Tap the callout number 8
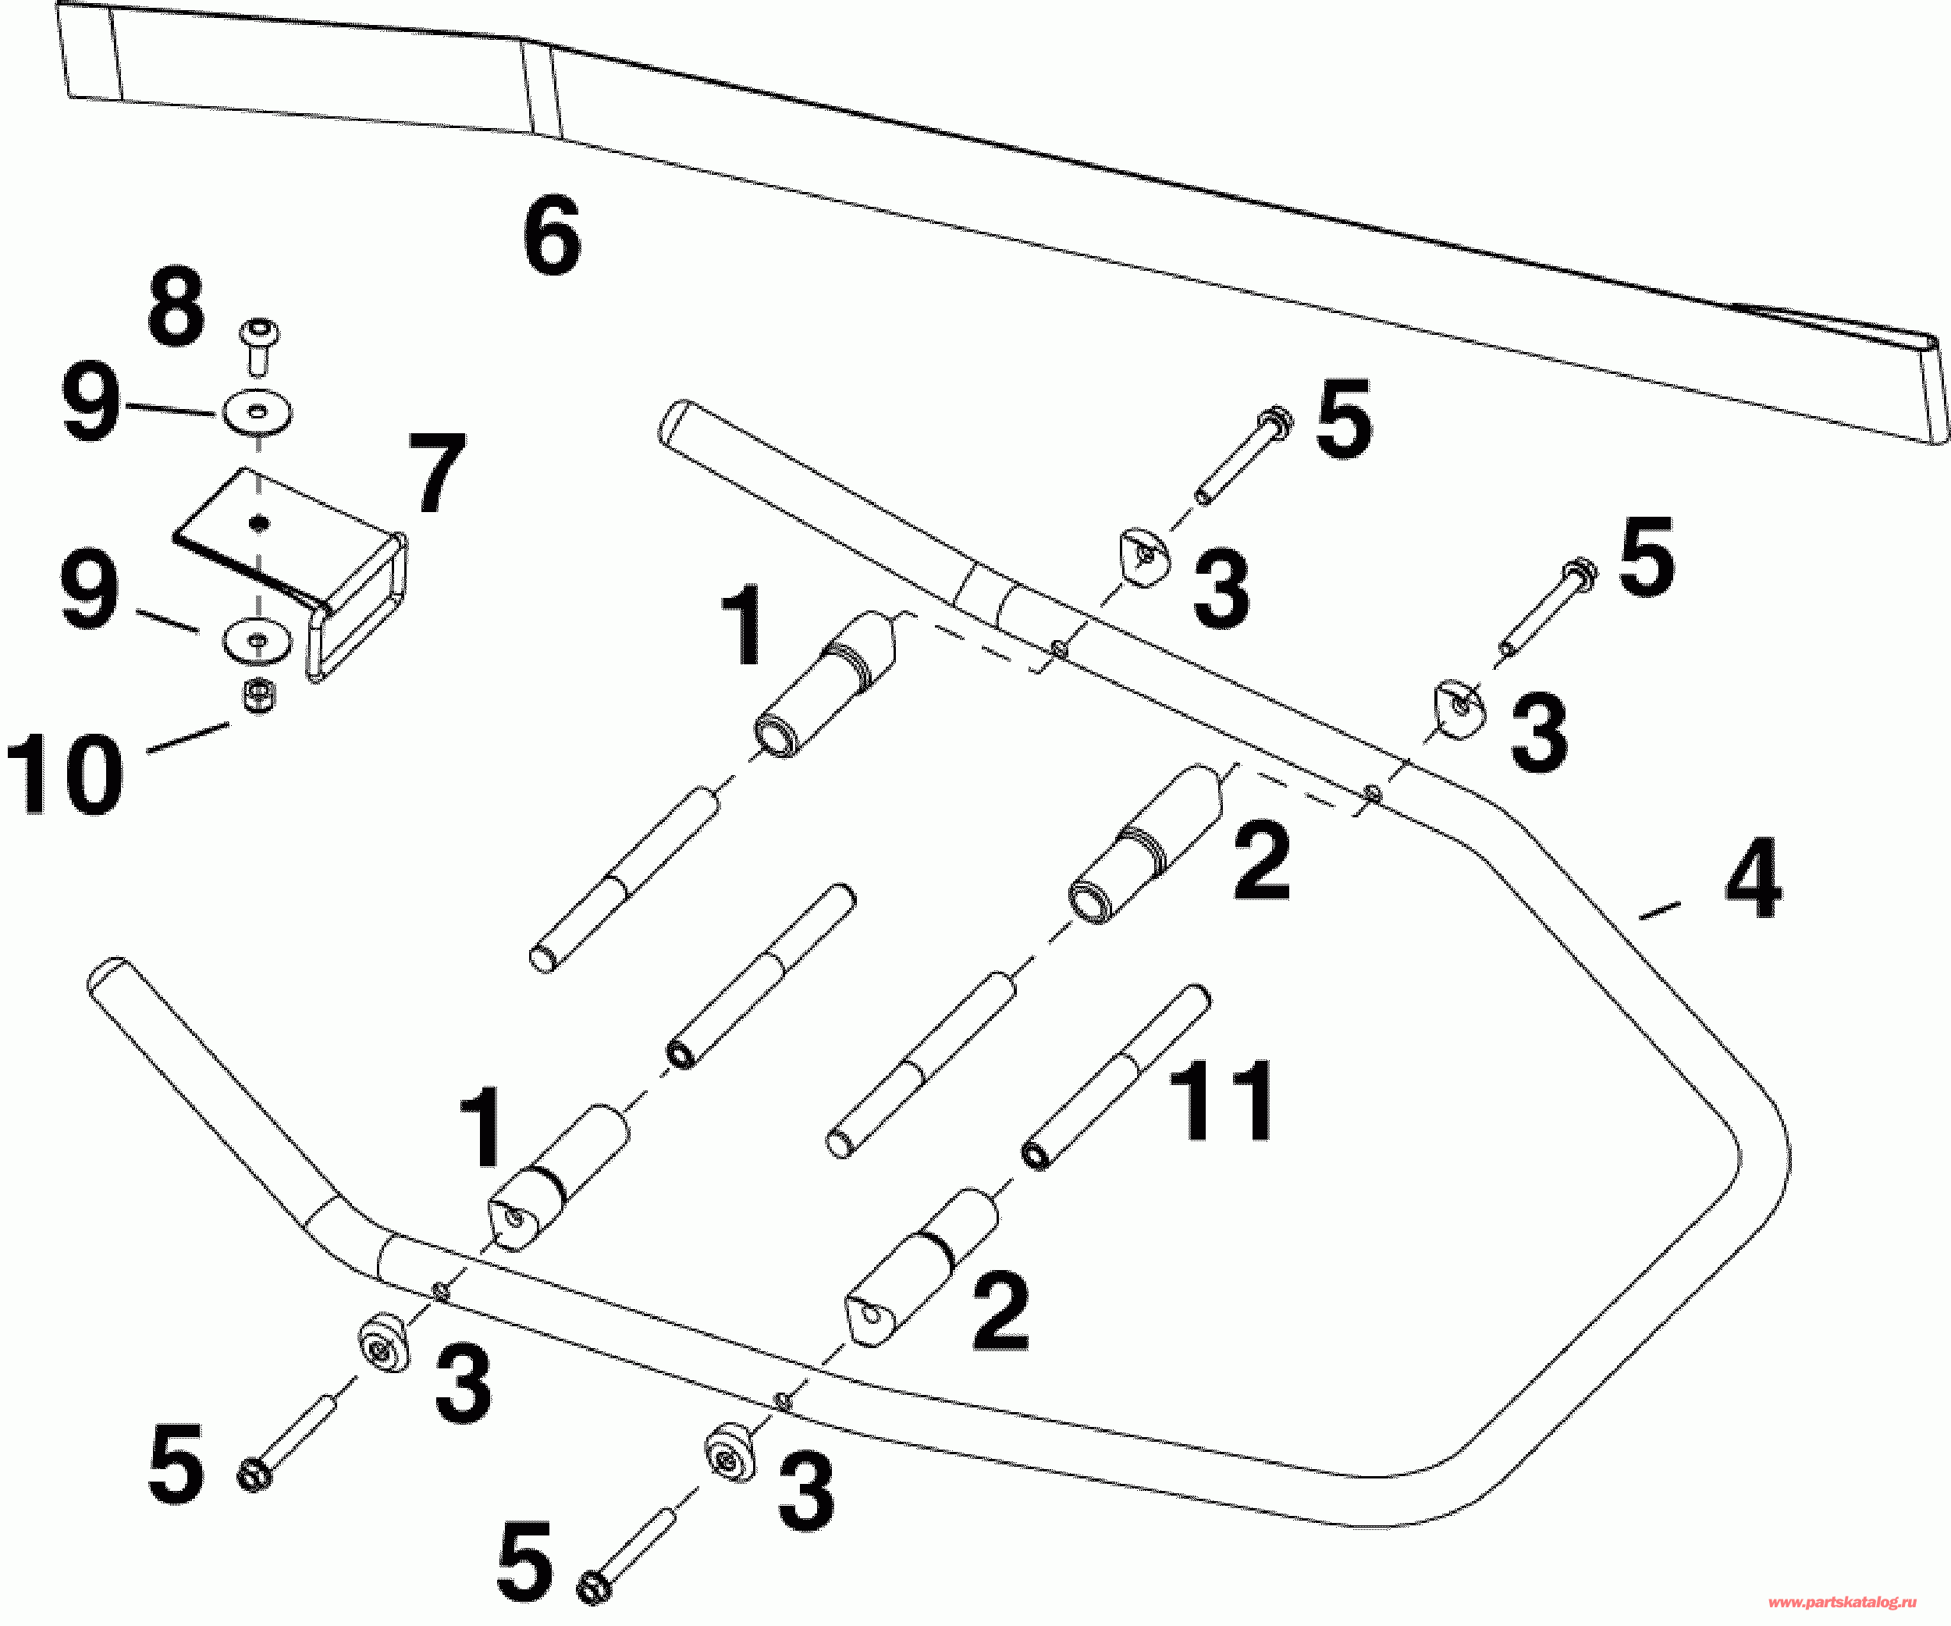[176, 308]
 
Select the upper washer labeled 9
[257, 411]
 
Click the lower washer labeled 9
[257, 639]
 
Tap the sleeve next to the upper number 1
[824, 684]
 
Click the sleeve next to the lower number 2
[922, 1268]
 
